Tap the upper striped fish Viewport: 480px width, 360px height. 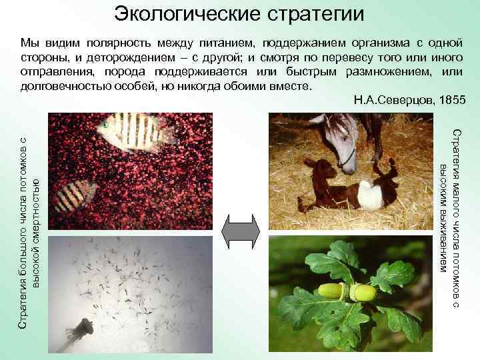tap(133, 129)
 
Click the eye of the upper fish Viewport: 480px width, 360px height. tap(106, 124)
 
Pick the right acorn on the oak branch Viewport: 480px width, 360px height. tap(362, 292)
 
